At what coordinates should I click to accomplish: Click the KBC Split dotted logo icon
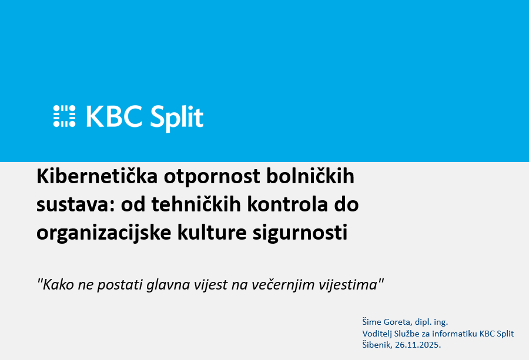coord(64,116)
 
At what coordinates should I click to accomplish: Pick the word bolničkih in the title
coord(311,176)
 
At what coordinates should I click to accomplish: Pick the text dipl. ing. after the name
coord(431,322)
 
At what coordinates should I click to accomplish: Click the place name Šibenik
coord(378,345)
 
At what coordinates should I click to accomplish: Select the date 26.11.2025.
coord(418,345)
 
